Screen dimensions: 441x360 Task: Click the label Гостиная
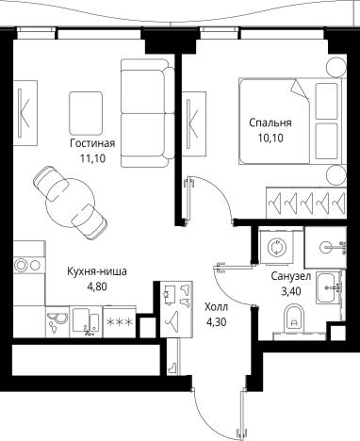click(x=92, y=143)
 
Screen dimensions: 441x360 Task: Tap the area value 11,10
click(x=92, y=159)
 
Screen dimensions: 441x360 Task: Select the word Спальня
click(x=270, y=123)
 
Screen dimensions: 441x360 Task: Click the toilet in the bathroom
click(x=290, y=324)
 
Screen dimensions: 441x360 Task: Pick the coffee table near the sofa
click(x=85, y=106)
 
